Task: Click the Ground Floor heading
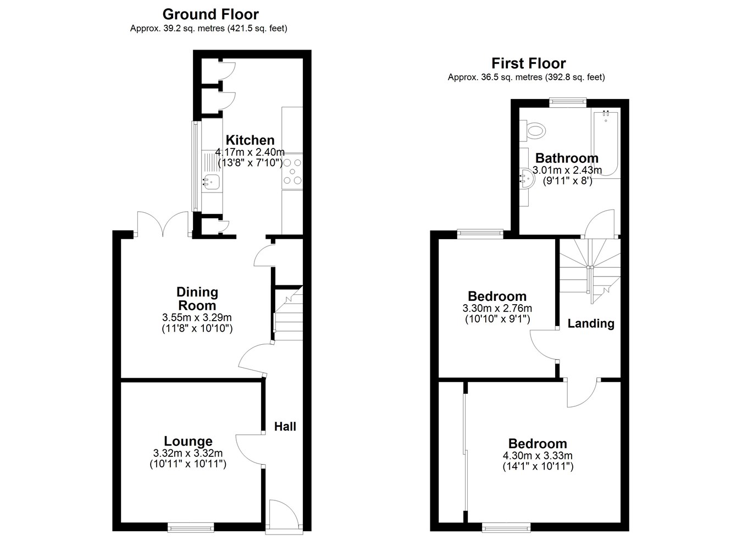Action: tap(211, 15)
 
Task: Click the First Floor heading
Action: tap(529, 63)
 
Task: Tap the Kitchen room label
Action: tap(250, 140)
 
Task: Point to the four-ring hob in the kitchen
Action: tap(292, 172)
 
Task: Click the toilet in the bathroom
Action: tap(533, 130)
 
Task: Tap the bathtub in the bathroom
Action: tap(605, 143)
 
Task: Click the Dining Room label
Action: tap(197, 299)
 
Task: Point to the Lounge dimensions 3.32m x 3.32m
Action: tap(188, 453)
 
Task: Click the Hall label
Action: tap(285, 427)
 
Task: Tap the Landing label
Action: tap(591, 323)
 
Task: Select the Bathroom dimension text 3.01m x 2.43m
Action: tap(567, 170)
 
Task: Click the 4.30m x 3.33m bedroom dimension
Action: tap(538, 456)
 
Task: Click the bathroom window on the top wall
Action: tap(568, 102)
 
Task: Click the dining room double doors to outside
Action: tap(163, 224)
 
